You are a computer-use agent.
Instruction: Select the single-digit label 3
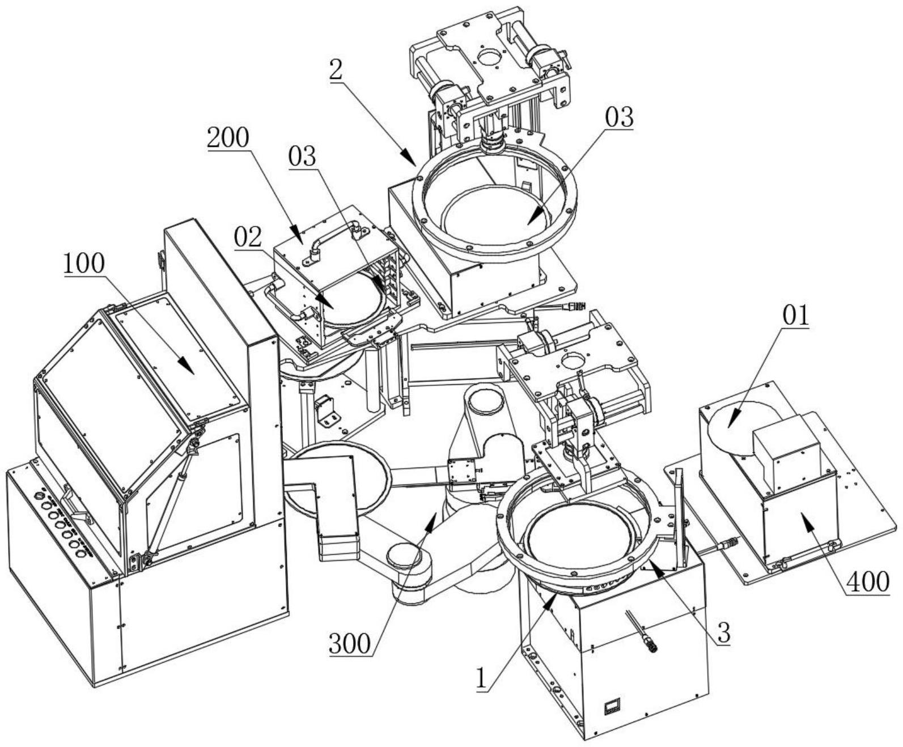click(723, 633)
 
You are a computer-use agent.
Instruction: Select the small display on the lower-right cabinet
click(613, 706)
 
